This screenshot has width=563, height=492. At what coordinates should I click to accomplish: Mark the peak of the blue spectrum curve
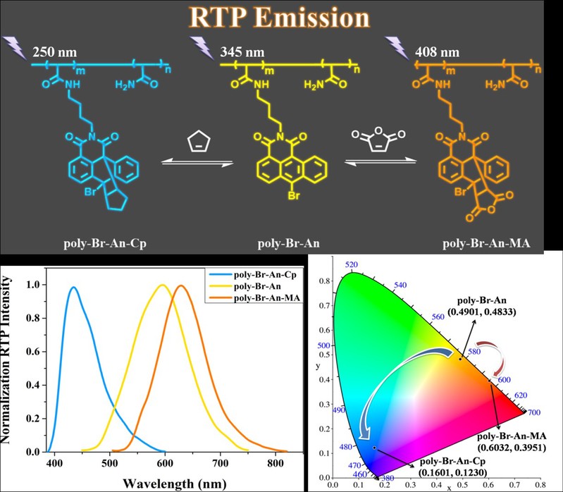click(x=73, y=287)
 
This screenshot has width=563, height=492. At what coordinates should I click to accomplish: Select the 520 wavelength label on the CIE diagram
click(x=352, y=264)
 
